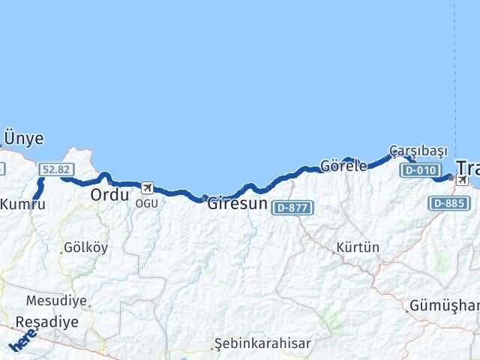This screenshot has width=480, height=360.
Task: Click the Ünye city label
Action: pyautogui.click(x=24, y=139)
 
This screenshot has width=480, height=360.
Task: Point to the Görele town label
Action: pyautogui.click(x=343, y=166)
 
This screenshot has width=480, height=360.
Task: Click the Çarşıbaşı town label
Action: pyautogui.click(x=416, y=149)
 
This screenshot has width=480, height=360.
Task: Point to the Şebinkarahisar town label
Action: pyautogui.click(x=262, y=344)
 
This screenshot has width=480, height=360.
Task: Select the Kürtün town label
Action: pyautogui.click(x=358, y=247)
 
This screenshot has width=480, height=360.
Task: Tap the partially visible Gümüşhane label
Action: pyautogui.click(x=444, y=306)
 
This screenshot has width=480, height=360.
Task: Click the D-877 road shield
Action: pyautogui.click(x=291, y=207)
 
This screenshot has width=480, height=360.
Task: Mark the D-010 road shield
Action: pyautogui.click(x=419, y=170)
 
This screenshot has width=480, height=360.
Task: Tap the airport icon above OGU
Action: pyautogui.click(x=146, y=187)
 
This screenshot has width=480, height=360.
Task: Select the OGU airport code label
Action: pyautogui.click(x=146, y=202)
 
